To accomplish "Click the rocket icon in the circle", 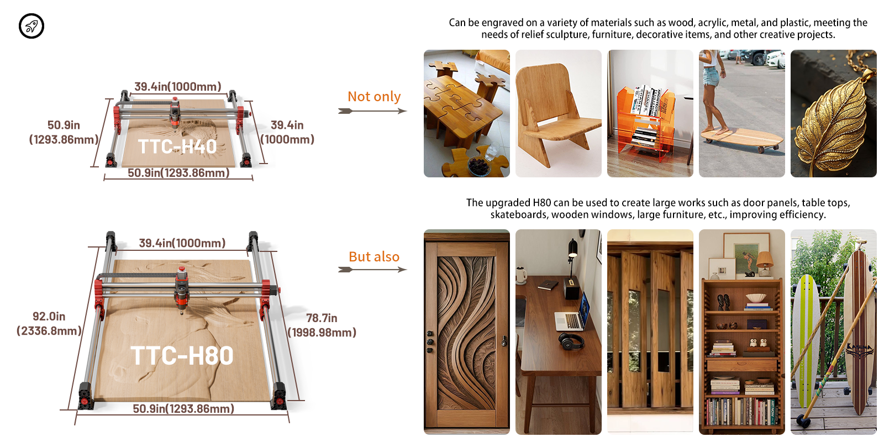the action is (31, 26).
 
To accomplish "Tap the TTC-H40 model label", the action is (177, 146).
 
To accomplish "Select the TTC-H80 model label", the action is (182, 356).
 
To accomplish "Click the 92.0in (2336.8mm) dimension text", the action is (49, 324).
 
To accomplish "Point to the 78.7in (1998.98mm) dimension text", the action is (322, 325).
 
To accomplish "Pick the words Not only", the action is (374, 96).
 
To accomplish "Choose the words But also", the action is (374, 256).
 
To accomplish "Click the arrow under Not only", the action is (372, 111).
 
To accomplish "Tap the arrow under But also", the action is (372, 270).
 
